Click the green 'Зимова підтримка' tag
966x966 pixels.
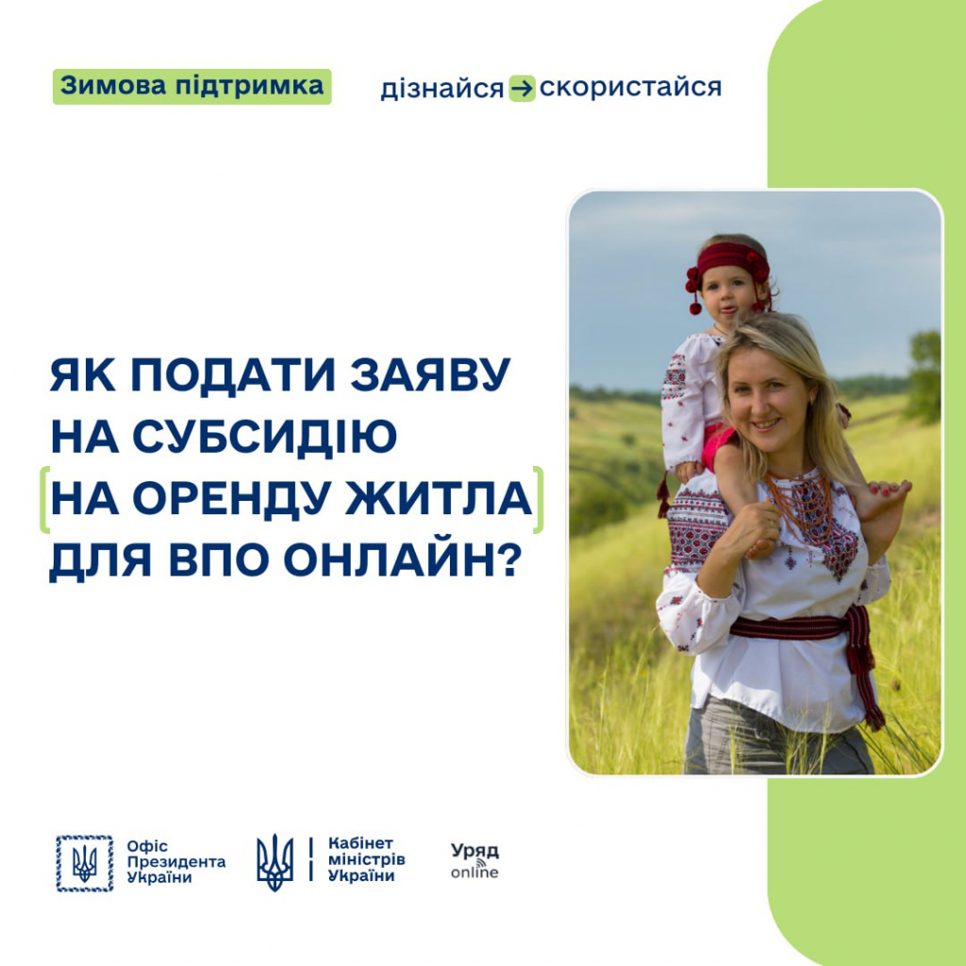click(x=192, y=87)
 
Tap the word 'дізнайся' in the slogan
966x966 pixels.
click(x=441, y=89)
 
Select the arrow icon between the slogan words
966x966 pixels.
click(x=522, y=89)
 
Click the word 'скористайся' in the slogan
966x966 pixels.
click(x=630, y=88)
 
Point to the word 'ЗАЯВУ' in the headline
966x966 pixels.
click(x=430, y=374)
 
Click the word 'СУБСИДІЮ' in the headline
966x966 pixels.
click(x=264, y=437)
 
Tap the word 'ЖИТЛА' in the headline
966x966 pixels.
click(x=439, y=499)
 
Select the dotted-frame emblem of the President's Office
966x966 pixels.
click(x=84, y=863)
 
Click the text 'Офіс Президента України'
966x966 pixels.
click(x=176, y=861)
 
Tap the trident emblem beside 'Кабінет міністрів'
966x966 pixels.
click(x=275, y=862)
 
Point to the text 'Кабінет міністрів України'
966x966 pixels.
click(x=367, y=859)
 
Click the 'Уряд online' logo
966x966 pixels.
click(x=475, y=860)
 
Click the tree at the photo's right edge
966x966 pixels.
click(x=924, y=375)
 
